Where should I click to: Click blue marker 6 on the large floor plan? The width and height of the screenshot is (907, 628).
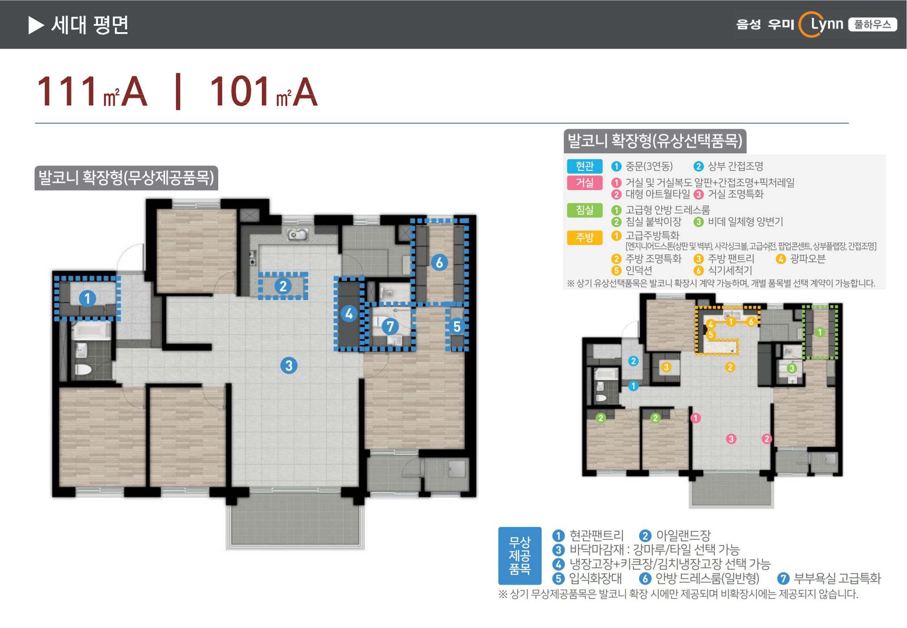[x=439, y=263]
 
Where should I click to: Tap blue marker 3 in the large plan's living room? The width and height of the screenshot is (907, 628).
[x=289, y=365]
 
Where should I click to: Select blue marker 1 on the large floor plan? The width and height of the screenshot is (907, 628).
[x=88, y=298]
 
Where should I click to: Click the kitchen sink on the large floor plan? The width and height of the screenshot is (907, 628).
[x=297, y=234]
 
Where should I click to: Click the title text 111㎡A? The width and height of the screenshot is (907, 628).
[x=92, y=92]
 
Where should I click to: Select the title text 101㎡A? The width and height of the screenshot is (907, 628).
[x=263, y=92]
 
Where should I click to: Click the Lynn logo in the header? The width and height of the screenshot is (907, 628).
[x=821, y=24]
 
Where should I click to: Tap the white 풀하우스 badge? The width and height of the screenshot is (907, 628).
[x=873, y=24]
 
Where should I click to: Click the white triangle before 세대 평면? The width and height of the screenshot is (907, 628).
[x=36, y=25]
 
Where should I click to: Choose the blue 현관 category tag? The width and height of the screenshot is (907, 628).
[x=585, y=166]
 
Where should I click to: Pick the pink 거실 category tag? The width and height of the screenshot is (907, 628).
[x=585, y=183]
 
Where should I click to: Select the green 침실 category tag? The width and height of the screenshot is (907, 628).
[x=585, y=210]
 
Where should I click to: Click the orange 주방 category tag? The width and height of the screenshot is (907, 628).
[x=585, y=238]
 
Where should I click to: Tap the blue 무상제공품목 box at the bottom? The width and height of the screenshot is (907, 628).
[x=520, y=555]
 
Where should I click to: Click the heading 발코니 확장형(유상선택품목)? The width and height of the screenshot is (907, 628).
[x=655, y=141]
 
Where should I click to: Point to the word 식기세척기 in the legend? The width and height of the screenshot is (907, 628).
[x=730, y=271]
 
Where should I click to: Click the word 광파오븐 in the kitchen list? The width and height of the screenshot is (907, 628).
[x=808, y=259]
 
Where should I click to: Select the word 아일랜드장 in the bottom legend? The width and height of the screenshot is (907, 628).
[x=683, y=536]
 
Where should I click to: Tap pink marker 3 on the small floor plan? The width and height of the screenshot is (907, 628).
[x=731, y=439]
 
